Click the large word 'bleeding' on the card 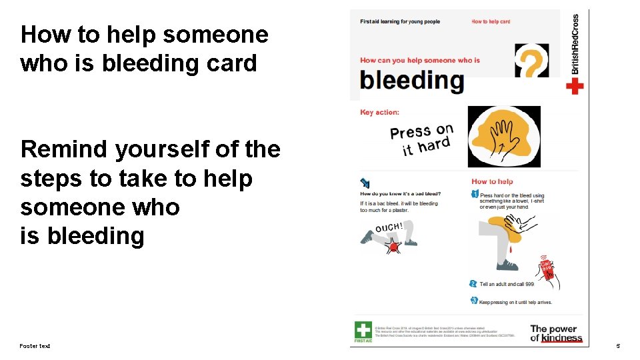tap(411, 80)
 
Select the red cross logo tap(575, 87)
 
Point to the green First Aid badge tap(363, 331)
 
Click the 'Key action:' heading tap(379, 112)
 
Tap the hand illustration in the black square tap(504, 136)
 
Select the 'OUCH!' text tap(389, 228)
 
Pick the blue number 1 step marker tap(475, 194)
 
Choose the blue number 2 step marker tap(473, 284)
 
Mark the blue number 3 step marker tap(474, 301)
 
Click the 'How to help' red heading tap(492, 181)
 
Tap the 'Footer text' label tap(35, 345)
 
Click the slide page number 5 tap(618, 346)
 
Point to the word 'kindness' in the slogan tap(561, 338)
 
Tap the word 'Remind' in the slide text tap(64, 149)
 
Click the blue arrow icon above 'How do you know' tap(365, 181)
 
